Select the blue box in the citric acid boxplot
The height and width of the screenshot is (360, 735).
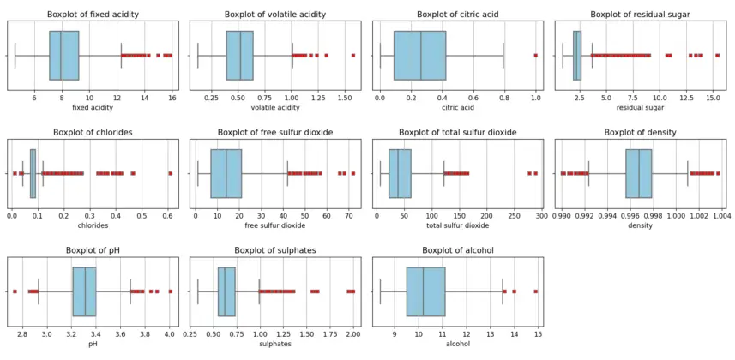point(419,55)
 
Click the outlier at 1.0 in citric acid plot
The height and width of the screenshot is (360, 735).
point(536,55)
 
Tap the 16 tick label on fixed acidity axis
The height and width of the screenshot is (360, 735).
point(172,99)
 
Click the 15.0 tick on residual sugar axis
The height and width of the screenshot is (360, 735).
point(713,99)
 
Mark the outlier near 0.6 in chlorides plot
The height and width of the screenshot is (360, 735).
point(170,173)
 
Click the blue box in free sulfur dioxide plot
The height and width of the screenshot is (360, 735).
point(226,173)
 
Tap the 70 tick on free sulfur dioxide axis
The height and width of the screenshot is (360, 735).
point(349,217)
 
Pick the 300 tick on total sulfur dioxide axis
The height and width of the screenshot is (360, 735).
point(542,217)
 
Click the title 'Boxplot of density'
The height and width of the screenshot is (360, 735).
point(641,132)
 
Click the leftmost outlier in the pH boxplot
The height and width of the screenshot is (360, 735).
point(15,291)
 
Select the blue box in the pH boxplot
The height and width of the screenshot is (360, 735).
point(84,291)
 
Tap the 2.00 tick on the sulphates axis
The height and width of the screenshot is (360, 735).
point(353,335)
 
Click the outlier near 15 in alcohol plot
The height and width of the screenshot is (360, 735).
point(536,291)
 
